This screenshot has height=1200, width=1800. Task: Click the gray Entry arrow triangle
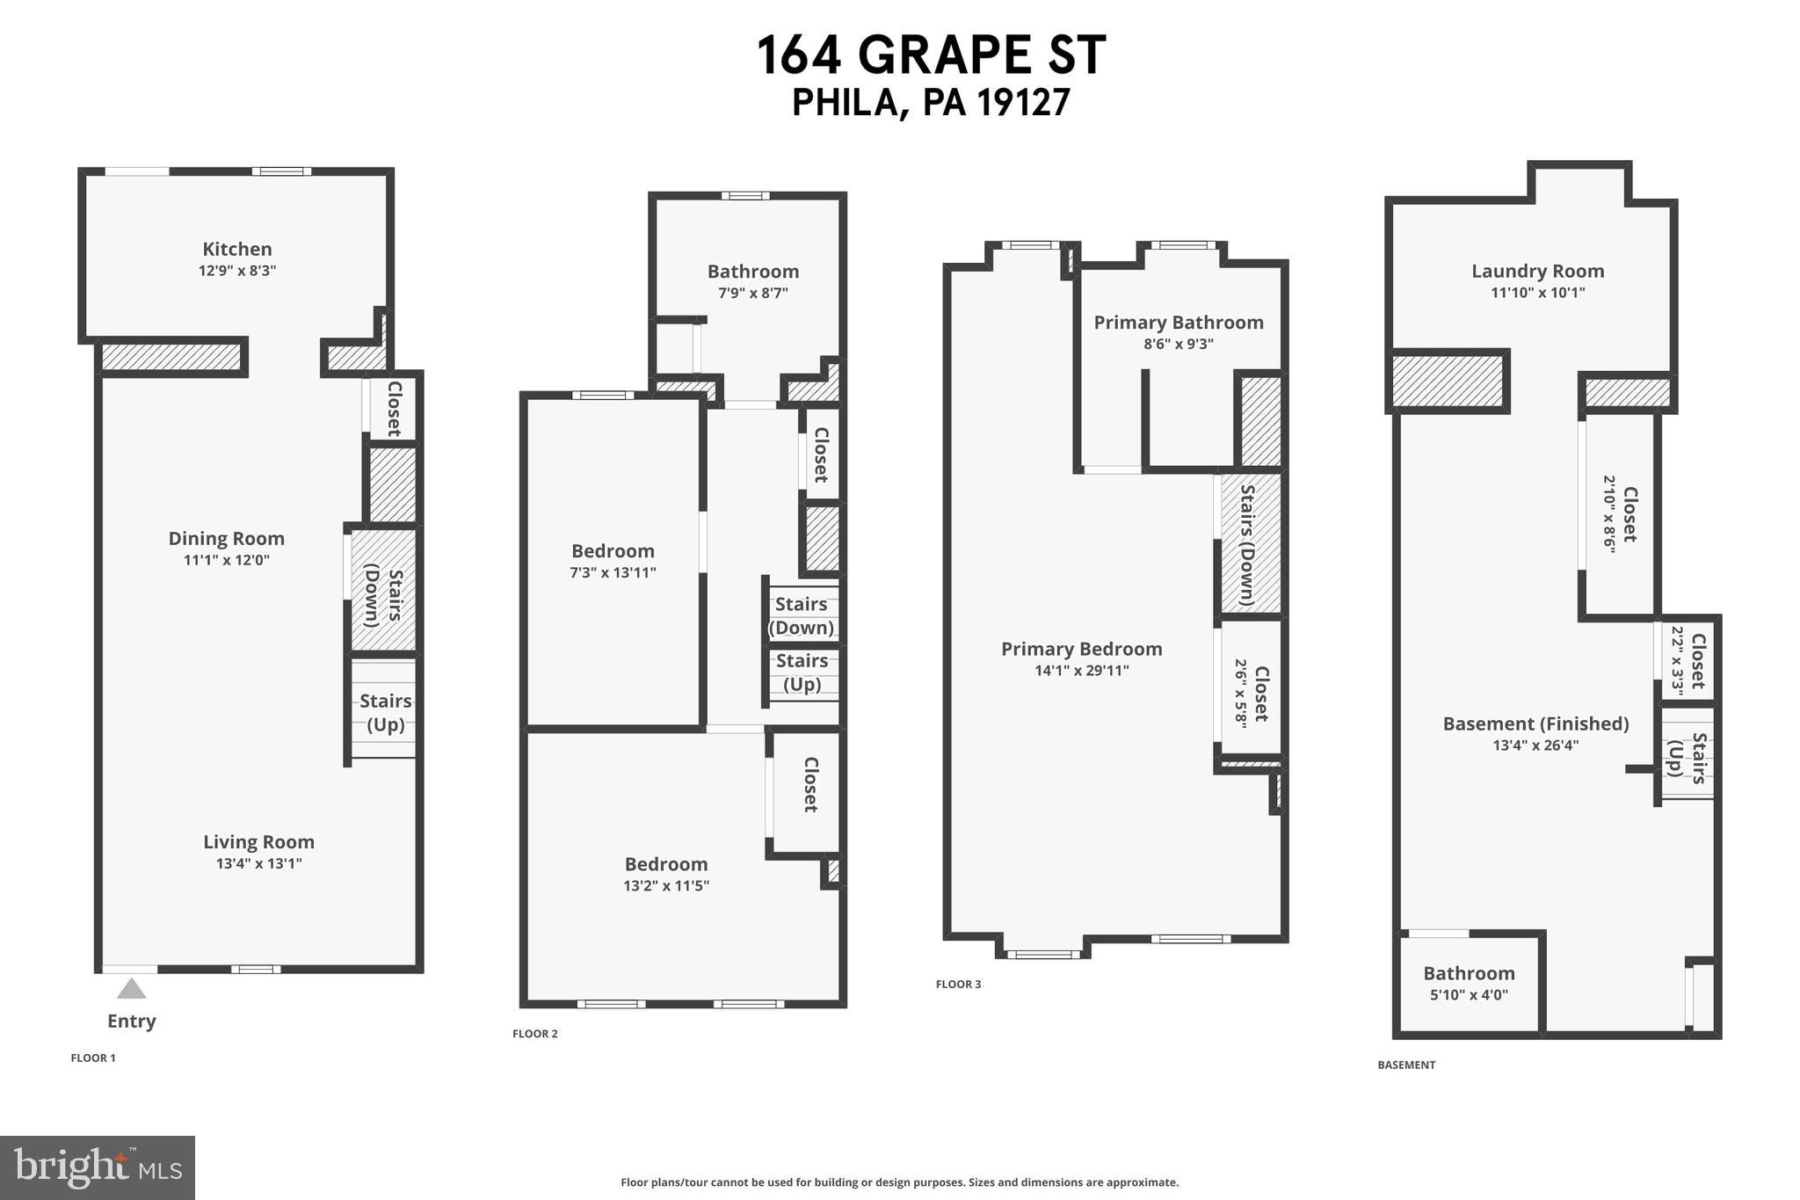[x=132, y=989]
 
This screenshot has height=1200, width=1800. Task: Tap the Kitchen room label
[x=237, y=250]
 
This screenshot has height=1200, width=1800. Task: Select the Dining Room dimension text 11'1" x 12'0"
[x=227, y=560]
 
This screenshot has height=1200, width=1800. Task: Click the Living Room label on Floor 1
[x=258, y=842]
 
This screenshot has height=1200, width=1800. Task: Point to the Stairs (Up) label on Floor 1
[x=385, y=712]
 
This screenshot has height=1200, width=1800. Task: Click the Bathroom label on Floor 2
[x=753, y=272]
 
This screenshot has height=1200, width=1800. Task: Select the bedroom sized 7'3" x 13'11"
[x=613, y=561]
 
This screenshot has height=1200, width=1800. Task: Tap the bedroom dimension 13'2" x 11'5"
[x=666, y=886]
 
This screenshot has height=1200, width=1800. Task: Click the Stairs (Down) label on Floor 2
[x=801, y=615]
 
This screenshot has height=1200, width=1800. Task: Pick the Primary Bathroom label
[x=1179, y=323]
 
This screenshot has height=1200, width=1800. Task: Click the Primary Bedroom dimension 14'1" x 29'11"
[x=1082, y=671]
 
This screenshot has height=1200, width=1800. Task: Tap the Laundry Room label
[x=1537, y=272]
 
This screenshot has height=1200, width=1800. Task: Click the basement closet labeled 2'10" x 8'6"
[x=1619, y=514]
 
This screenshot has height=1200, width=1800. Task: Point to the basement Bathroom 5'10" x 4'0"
[x=1469, y=983]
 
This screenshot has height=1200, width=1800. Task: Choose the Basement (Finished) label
[x=1535, y=724]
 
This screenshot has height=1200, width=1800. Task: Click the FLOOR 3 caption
[x=958, y=985]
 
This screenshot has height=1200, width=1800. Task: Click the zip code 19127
[x=1023, y=103]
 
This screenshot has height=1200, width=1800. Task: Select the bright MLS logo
[x=98, y=1167]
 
